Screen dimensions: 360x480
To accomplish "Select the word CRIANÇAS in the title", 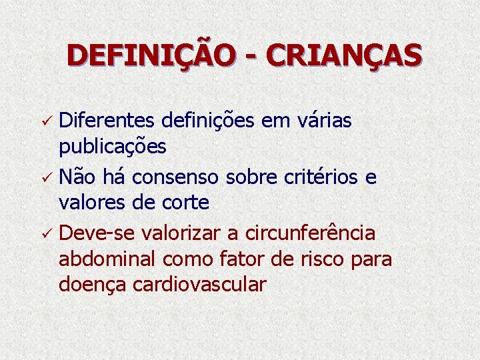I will pos(344,55).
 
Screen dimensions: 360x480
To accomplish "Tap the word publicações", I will pos(112,146).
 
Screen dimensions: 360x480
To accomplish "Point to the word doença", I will pos(93,285).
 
